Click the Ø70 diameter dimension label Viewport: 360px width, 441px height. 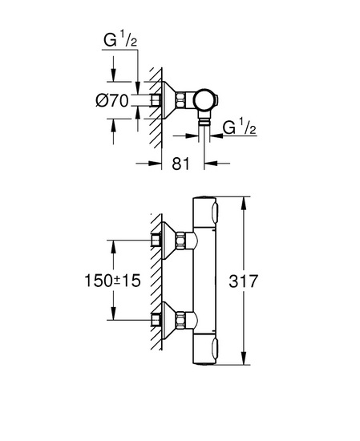(x=112, y=100)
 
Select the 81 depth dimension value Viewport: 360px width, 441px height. (x=181, y=164)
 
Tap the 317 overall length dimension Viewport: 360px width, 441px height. (x=243, y=281)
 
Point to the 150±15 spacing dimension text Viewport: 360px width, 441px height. (x=112, y=281)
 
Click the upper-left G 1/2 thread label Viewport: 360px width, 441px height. (x=120, y=39)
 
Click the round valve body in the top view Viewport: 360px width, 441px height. (x=204, y=100)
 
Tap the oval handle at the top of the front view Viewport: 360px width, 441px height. (x=215, y=213)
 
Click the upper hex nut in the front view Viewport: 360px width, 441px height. (x=180, y=241)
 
